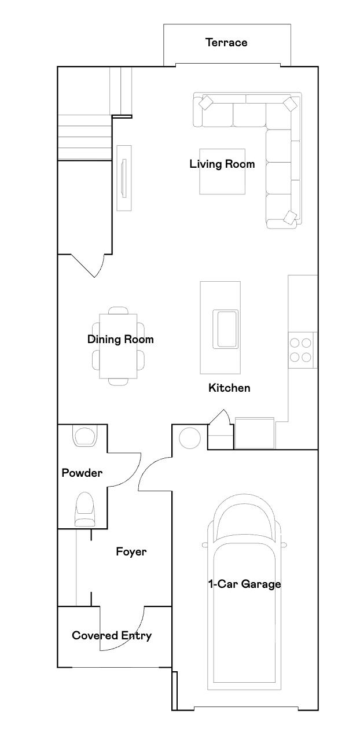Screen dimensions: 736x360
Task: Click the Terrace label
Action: [x=226, y=42]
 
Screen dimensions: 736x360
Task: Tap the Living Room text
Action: [x=222, y=164]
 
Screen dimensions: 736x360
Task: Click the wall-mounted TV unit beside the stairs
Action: [x=123, y=178]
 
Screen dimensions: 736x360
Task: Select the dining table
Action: [x=119, y=345]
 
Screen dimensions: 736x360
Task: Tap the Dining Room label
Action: [x=120, y=339]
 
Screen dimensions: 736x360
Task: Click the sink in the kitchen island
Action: [x=226, y=329]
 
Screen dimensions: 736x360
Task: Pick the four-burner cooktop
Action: [x=301, y=349]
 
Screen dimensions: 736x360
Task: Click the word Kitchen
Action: [x=229, y=388]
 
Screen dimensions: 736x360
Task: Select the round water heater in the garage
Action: [x=189, y=437]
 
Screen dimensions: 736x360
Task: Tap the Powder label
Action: [x=82, y=473]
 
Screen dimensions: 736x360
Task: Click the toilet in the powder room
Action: [x=85, y=509]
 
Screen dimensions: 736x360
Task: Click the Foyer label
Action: [x=131, y=551]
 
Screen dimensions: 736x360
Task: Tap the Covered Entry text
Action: [x=112, y=635]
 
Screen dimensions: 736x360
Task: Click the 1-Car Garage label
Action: [x=244, y=584]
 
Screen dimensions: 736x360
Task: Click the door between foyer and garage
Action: [x=153, y=474]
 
